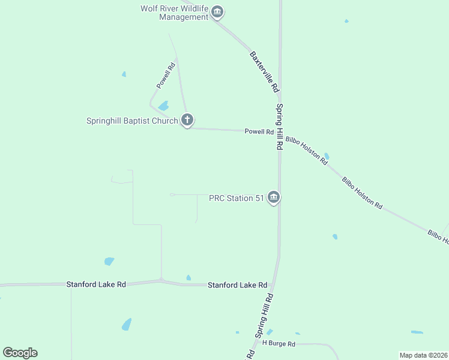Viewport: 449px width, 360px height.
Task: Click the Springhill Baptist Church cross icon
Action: tap(187, 120)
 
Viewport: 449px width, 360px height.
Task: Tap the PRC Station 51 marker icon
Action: tap(274, 197)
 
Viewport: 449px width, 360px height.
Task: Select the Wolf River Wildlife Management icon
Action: tap(217, 12)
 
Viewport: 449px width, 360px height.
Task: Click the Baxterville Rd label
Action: tap(264, 71)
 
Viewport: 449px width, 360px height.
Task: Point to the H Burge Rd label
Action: tap(279, 344)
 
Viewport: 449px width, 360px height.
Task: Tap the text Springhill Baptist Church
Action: tap(132, 121)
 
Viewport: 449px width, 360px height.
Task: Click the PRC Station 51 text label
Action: tap(236, 198)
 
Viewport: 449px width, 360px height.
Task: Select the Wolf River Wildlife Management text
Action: tap(174, 13)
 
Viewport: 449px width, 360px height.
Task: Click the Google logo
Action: tap(20, 353)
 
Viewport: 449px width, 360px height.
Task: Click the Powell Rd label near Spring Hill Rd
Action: tap(259, 132)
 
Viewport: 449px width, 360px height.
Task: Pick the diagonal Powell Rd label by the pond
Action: tap(165, 77)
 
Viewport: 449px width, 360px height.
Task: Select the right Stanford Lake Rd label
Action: tap(237, 286)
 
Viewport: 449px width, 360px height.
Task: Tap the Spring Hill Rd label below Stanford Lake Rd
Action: tap(264, 316)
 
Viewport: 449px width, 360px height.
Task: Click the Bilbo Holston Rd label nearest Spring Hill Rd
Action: tap(306, 151)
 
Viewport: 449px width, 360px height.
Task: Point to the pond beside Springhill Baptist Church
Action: tap(163, 106)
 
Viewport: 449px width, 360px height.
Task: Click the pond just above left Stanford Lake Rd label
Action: tap(109, 261)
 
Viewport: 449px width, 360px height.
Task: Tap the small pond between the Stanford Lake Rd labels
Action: tap(188, 278)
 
